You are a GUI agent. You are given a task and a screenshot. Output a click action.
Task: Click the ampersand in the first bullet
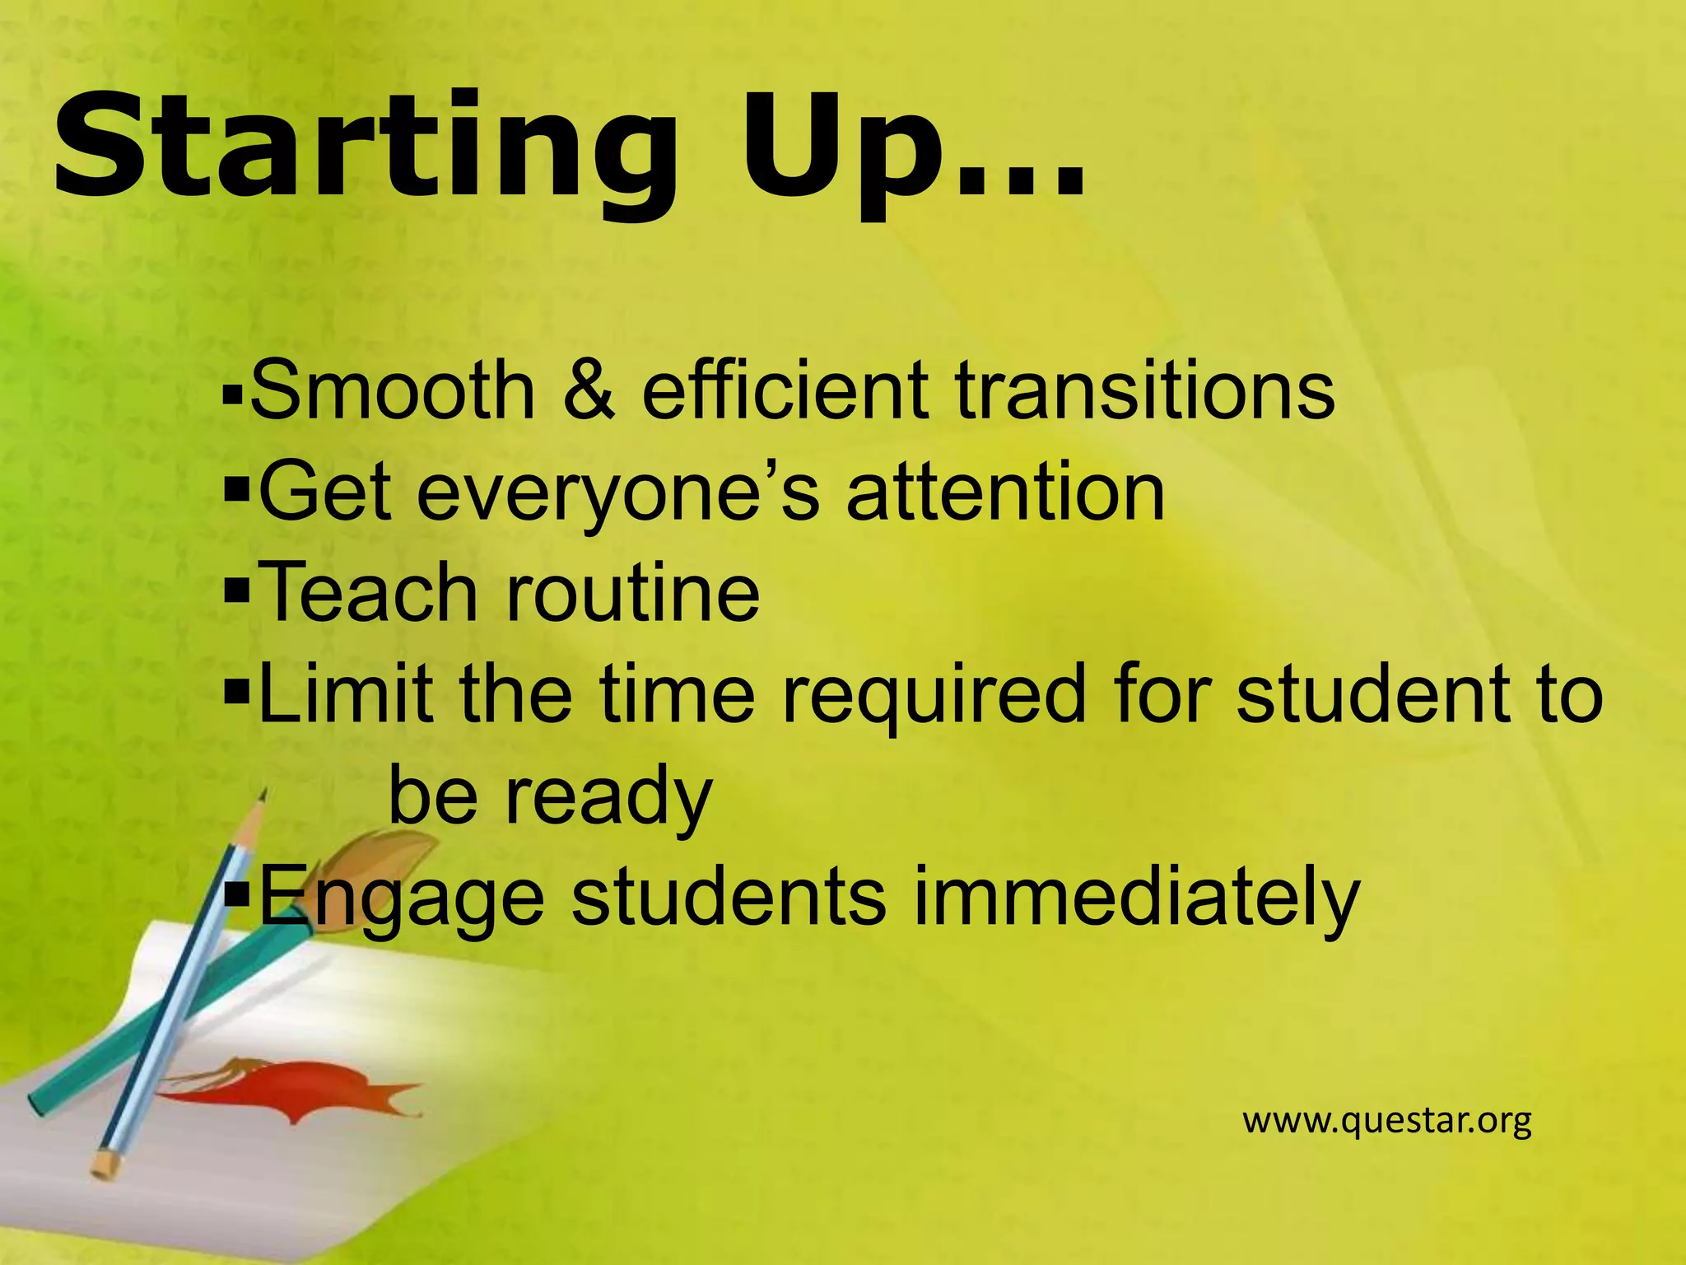(589, 391)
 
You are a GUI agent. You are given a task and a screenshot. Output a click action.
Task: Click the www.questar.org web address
(1386, 1121)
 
